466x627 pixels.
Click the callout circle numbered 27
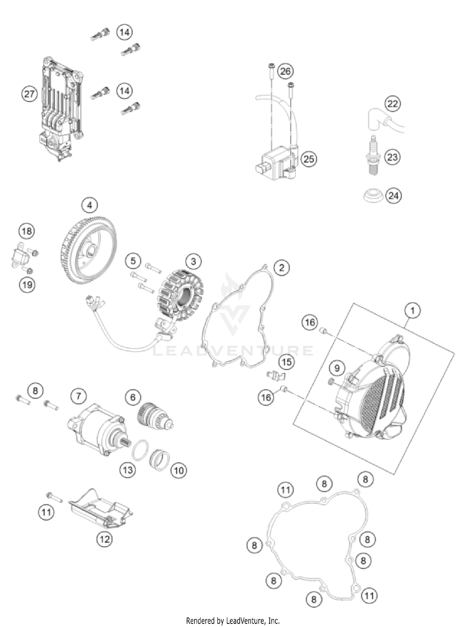tap(29, 94)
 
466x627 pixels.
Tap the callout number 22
tap(393, 103)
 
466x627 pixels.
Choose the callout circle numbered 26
tap(285, 71)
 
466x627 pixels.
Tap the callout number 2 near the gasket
tap(281, 267)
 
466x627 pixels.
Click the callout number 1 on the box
tap(413, 310)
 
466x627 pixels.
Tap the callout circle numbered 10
tap(179, 470)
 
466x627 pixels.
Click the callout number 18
tap(27, 231)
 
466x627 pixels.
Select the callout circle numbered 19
tap(27, 284)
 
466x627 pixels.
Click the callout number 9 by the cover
tap(337, 368)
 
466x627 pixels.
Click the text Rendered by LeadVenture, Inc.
tap(233, 620)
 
